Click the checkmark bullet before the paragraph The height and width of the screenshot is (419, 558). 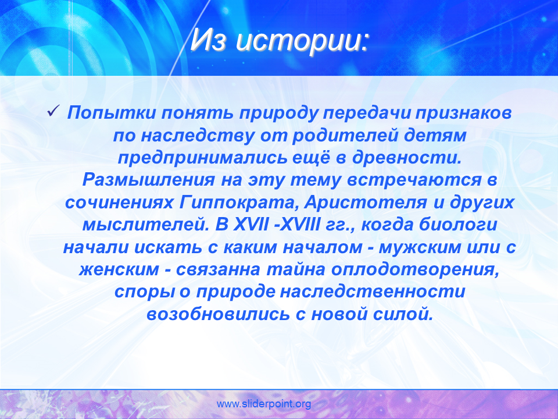[x=52, y=112]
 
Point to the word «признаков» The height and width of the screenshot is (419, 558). [x=463, y=113]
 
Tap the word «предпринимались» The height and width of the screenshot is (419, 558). [x=202, y=158]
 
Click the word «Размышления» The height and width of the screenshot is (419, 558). [x=149, y=180]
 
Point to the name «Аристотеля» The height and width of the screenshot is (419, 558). [x=366, y=203]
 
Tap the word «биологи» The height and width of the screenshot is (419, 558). [x=458, y=225]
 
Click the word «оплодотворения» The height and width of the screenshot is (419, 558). [x=415, y=270]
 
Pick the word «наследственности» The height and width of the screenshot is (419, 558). [x=373, y=292]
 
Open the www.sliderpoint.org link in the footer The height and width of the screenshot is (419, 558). [x=264, y=404]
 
